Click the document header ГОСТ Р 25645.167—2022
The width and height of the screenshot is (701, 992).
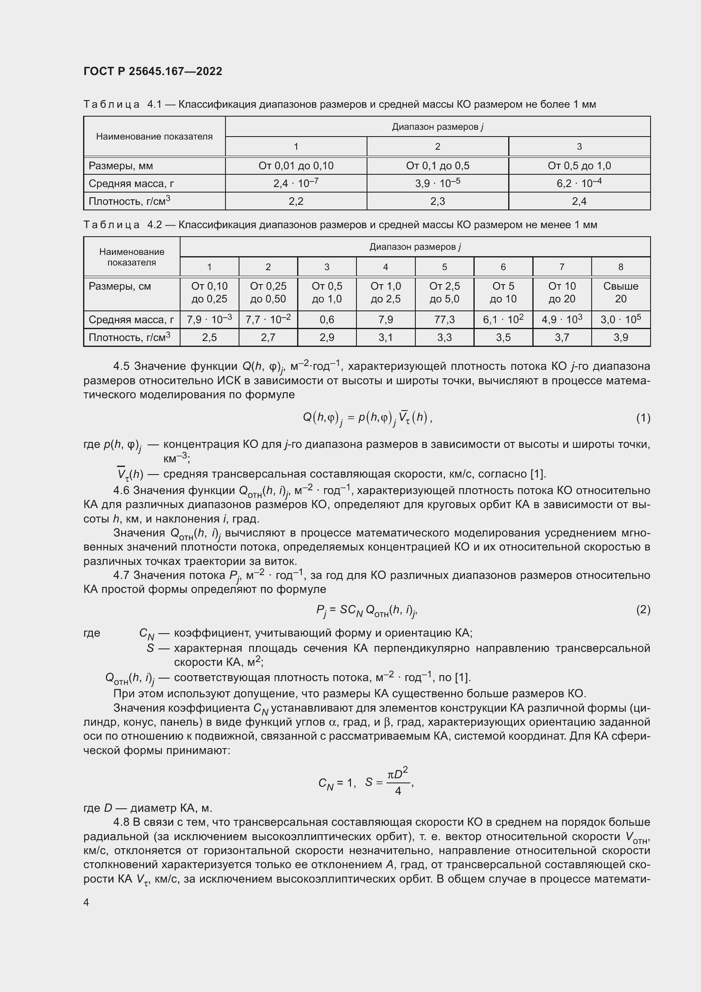(153, 71)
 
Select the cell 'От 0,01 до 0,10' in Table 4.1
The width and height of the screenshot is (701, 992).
(296, 166)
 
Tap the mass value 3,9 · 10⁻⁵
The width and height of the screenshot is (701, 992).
(437, 184)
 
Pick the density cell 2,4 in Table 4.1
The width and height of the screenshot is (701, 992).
(579, 201)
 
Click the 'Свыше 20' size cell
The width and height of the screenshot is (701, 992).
(620, 293)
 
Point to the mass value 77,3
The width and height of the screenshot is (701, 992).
(444, 320)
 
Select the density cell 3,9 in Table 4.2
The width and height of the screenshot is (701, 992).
(620, 338)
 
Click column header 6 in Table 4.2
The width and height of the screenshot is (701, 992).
(503, 267)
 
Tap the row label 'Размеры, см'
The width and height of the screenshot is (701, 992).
(120, 286)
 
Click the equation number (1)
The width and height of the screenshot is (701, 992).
(643, 418)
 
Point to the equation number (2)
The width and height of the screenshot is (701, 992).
(643, 609)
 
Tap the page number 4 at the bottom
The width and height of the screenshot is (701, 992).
(86, 902)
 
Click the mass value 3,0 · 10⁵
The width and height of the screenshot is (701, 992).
(620, 320)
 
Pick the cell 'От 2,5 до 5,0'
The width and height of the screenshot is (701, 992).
(444, 293)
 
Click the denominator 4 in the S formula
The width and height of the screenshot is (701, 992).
(398, 791)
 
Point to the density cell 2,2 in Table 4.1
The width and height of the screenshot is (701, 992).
(296, 201)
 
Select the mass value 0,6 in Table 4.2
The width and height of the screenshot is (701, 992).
(327, 320)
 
